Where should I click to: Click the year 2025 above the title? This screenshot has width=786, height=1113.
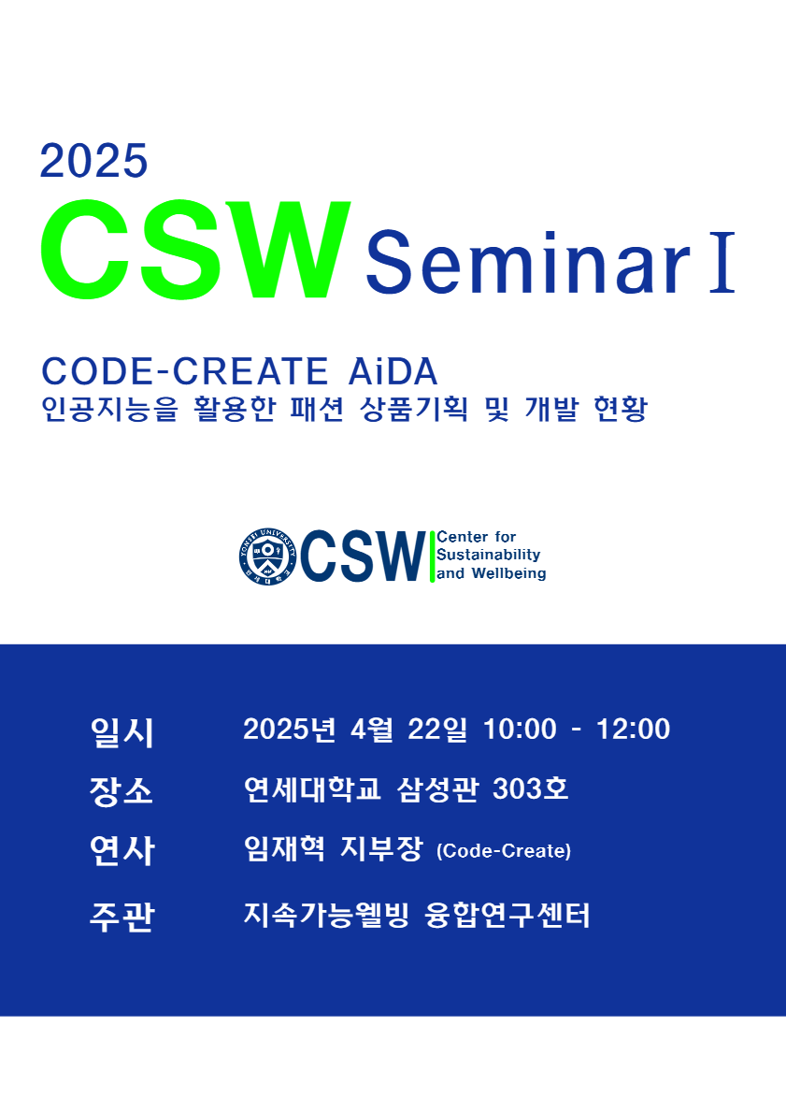point(94,161)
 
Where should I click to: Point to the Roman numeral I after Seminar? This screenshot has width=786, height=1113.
point(722,263)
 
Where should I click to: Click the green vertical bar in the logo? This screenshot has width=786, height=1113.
point(432,556)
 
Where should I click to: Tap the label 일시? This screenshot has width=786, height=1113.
point(121,731)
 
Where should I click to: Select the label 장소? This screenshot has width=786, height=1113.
point(121,791)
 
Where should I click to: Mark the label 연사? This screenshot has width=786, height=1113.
point(121,851)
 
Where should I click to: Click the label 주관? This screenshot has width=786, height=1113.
point(121,917)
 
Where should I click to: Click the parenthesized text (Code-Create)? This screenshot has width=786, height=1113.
point(504,851)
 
